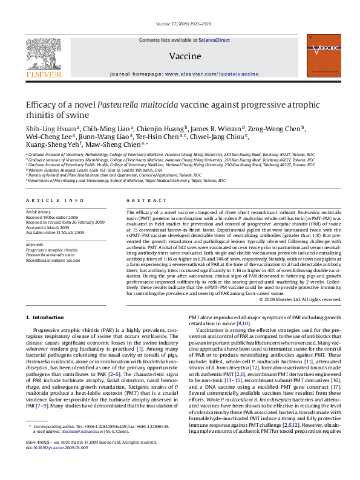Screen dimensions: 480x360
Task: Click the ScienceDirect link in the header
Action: coord(214,40)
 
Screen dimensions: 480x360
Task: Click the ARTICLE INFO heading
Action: coord(54,200)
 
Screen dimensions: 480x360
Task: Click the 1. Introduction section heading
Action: coord(45,317)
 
